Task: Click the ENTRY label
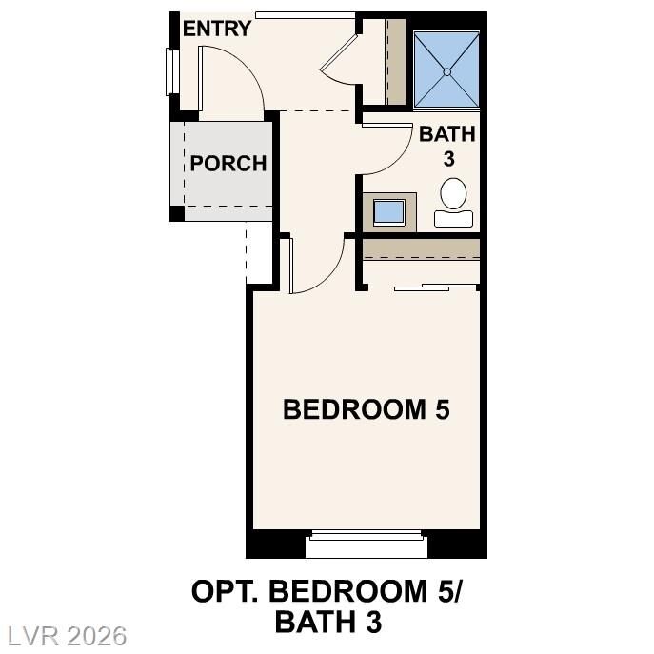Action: pos(217,29)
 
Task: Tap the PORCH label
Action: pos(228,163)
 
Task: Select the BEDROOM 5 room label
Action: pos(367,409)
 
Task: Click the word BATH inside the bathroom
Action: pos(446,134)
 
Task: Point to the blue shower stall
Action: pos(446,69)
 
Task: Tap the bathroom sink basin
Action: pos(389,210)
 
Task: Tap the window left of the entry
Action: pos(172,71)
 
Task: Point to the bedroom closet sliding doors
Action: pos(436,286)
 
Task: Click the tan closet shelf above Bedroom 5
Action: pos(422,248)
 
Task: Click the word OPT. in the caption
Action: pos(226,591)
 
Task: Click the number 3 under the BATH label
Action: pos(448,159)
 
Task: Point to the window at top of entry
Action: pos(305,14)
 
